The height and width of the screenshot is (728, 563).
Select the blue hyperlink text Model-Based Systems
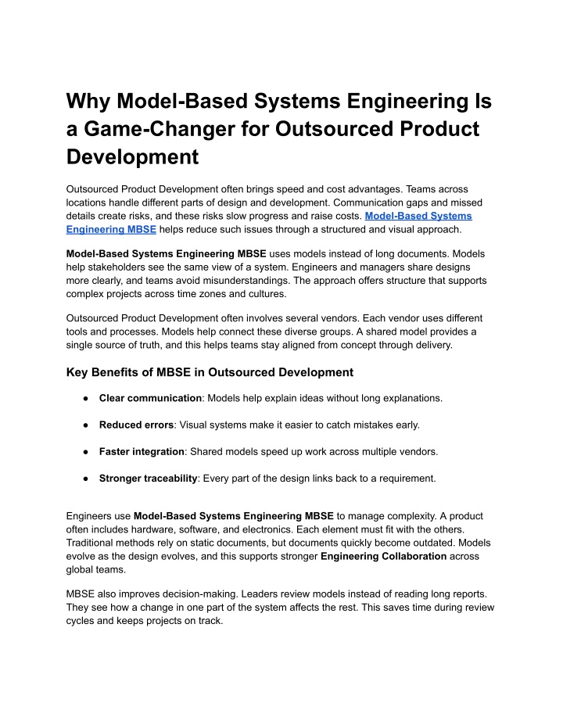point(418,215)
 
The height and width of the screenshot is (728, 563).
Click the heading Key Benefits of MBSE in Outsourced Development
point(210,372)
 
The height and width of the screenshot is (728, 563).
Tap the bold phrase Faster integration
point(142,451)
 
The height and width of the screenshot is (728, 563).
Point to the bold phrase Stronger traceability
point(148,478)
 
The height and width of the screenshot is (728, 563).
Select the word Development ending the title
point(133,157)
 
